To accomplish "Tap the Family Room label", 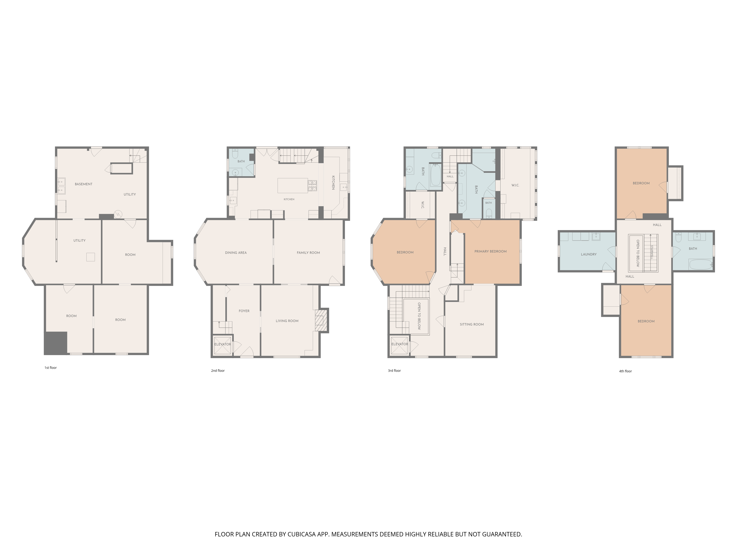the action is tap(308, 253).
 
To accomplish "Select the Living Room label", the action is tap(287, 321).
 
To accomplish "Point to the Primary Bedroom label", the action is tap(490, 251).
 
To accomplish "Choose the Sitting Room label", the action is tap(471, 324).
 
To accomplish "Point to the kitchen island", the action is tap(293, 185).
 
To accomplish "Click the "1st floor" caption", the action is tap(51, 368).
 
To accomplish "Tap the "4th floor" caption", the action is tap(625, 371).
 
